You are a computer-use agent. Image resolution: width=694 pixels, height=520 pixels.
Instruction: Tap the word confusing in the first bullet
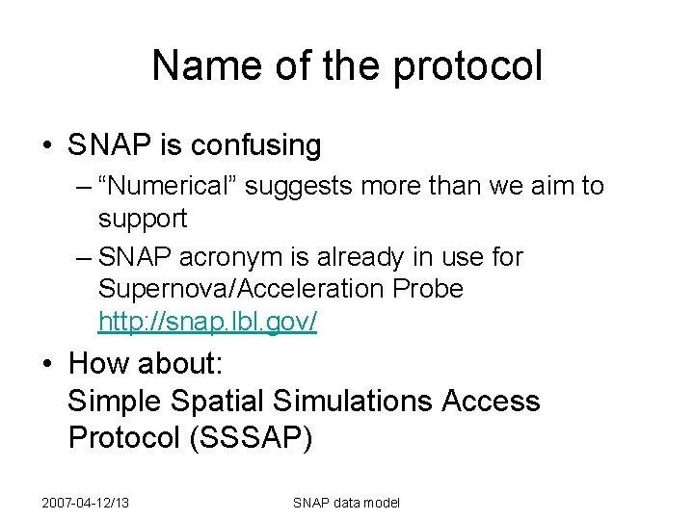tap(257, 145)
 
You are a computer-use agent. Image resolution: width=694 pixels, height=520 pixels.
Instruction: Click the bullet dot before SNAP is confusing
tap(46, 146)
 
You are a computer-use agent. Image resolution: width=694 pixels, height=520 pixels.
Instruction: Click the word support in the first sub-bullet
tap(143, 219)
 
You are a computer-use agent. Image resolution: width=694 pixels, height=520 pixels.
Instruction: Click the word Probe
tap(428, 289)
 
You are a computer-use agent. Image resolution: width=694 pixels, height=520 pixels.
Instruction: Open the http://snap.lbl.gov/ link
tap(207, 322)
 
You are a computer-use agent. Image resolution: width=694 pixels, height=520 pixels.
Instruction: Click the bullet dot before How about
tap(46, 364)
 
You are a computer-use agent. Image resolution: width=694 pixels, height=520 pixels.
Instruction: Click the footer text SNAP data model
tap(346, 503)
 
